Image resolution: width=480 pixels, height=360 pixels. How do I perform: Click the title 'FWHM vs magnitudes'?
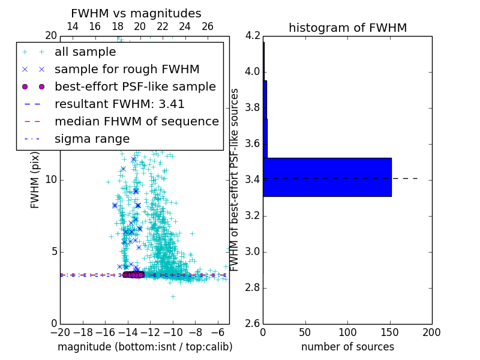point(136,13)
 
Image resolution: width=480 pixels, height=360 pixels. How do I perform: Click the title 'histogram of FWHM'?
point(347,28)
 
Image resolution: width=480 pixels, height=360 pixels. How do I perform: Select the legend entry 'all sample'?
point(85,52)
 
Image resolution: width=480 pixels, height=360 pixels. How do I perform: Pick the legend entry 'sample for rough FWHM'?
point(127,70)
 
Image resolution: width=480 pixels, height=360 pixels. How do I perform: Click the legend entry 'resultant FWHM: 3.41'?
point(119,104)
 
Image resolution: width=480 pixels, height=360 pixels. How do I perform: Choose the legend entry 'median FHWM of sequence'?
point(136,121)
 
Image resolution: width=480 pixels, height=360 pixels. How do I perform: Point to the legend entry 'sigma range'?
point(92,139)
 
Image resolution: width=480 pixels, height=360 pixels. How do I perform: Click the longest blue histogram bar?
point(327,177)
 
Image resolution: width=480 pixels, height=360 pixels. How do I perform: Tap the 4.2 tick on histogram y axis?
point(253,35)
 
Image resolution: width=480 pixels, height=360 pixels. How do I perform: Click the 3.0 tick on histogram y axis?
point(253,251)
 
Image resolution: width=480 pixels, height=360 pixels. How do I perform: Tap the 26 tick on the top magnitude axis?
point(208,26)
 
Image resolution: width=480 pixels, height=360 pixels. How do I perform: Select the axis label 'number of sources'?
point(347,347)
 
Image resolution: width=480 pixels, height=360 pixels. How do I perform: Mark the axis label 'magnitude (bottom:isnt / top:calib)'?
point(145,347)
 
